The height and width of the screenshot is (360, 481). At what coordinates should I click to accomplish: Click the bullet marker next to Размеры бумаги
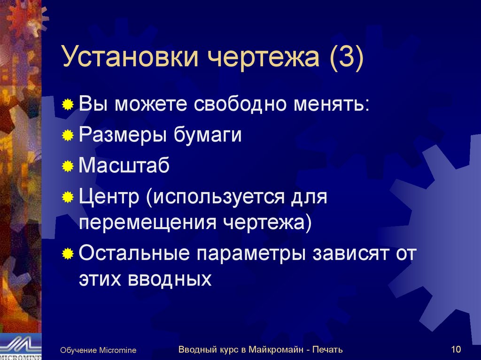[x=69, y=136]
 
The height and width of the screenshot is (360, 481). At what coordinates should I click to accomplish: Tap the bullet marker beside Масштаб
[x=69, y=167]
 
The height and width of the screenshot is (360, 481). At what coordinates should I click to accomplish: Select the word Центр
[x=109, y=197]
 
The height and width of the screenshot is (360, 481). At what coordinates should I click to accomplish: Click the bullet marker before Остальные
[x=69, y=254]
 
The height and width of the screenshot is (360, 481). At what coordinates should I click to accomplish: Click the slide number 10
[x=456, y=349]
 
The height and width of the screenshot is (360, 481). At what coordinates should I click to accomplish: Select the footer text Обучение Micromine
[x=98, y=350]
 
